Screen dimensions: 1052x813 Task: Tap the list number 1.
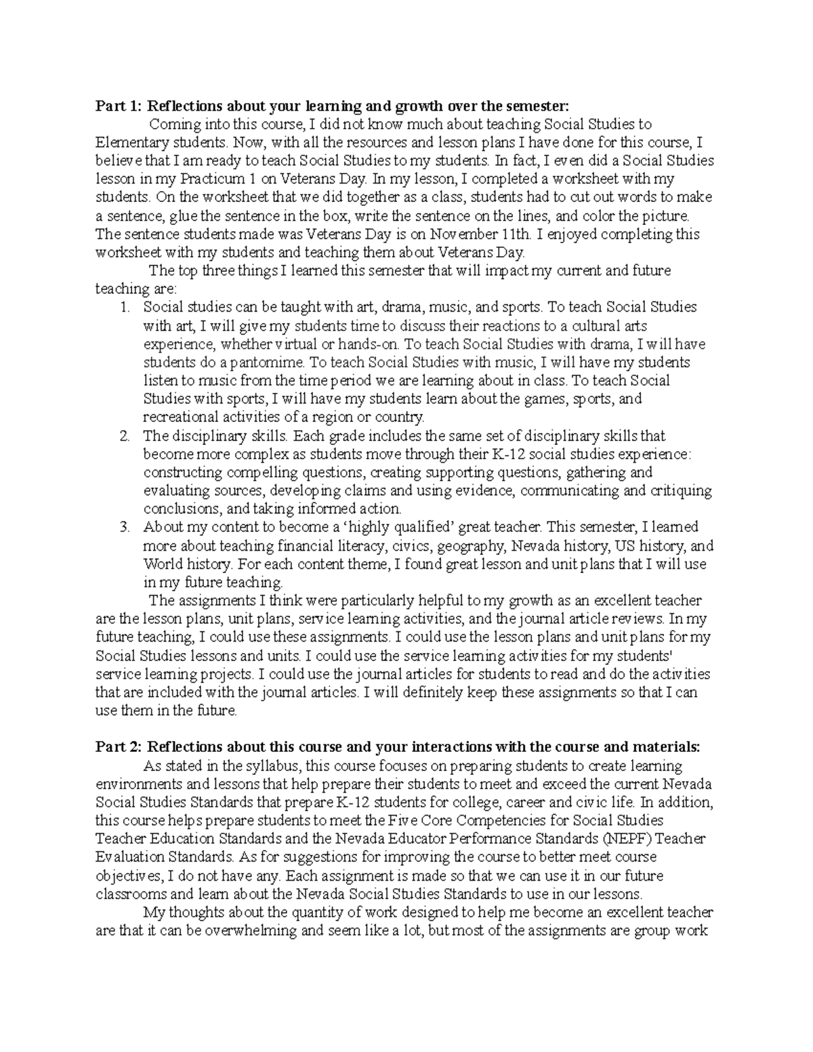[x=125, y=308]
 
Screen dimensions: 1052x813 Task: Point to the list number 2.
[x=125, y=436]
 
